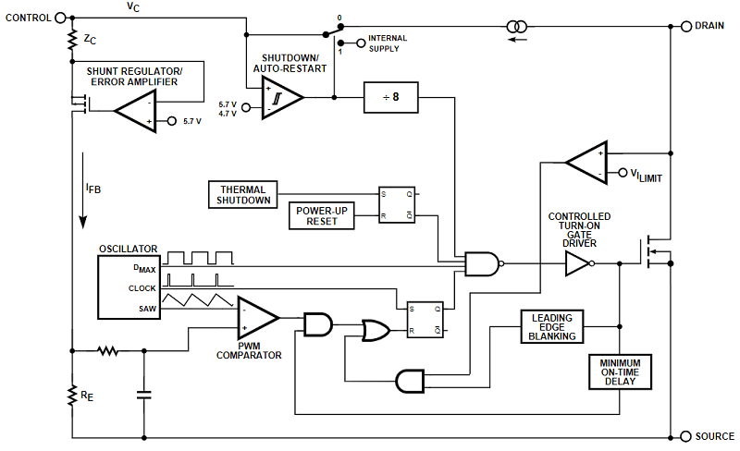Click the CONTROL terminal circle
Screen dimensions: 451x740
click(61, 18)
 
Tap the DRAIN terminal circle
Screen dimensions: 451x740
click(685, 26)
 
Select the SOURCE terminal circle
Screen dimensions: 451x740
click(685, 436)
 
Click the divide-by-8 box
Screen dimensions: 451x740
click(388, 97)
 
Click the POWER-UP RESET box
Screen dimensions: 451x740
click(322, 215)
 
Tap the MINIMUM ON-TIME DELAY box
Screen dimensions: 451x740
click(620, 371)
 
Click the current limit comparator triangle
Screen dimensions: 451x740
click(585, 163)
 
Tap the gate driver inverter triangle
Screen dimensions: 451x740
click(578, 264)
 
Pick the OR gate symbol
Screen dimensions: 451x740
click(375, 331)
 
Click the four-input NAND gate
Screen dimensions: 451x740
click(482, 264)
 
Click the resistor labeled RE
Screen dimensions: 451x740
click(72, 396)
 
